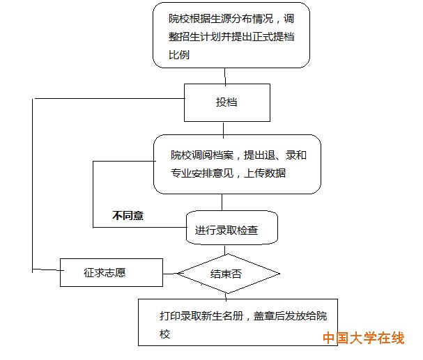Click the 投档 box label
point(226,102)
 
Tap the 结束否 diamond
point(228,274)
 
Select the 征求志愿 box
point(111,272)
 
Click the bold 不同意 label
point(128,216)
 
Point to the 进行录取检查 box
point(232,228)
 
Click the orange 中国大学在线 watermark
point(364,338)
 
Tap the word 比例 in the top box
point(179,55)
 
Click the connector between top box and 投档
point(225,76)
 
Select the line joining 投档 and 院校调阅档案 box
point(224,130)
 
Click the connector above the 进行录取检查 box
point(222,202)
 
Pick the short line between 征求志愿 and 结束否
point(170,274)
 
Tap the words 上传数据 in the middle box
point(265,173)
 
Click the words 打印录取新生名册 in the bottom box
point(201,315)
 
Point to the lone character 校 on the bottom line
point(164,334)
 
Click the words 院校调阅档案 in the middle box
point(202,155)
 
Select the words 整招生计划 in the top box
point(194,37)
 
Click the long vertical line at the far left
point(32,186)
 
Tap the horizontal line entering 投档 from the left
point(109,99)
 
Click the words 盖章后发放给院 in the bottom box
point(291,315)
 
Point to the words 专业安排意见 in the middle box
point(202,173)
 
